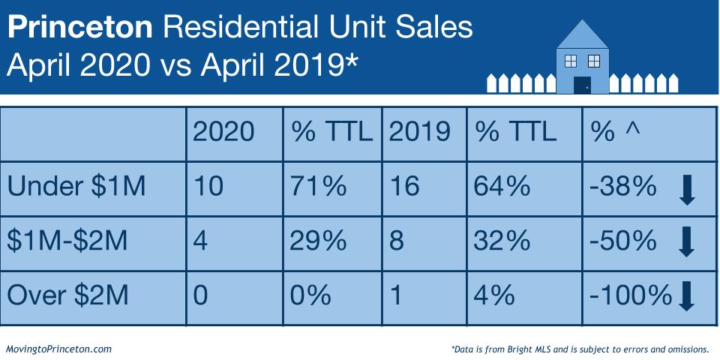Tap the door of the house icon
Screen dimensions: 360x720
[581, 84]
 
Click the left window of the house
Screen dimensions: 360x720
[571, 60]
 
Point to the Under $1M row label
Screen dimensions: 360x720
[78, 186]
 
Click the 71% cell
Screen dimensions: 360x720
[318, 186]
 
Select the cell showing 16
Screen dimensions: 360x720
[405, 186]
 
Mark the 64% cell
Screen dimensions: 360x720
[500, 186]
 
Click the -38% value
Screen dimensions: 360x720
[624, 186]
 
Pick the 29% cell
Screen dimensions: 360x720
[318, 241]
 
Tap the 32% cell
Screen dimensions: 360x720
[500, 241]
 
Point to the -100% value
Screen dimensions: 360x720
[630, 295]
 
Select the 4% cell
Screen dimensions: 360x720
[494, 295]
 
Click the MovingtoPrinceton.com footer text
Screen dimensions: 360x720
[58, 349]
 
